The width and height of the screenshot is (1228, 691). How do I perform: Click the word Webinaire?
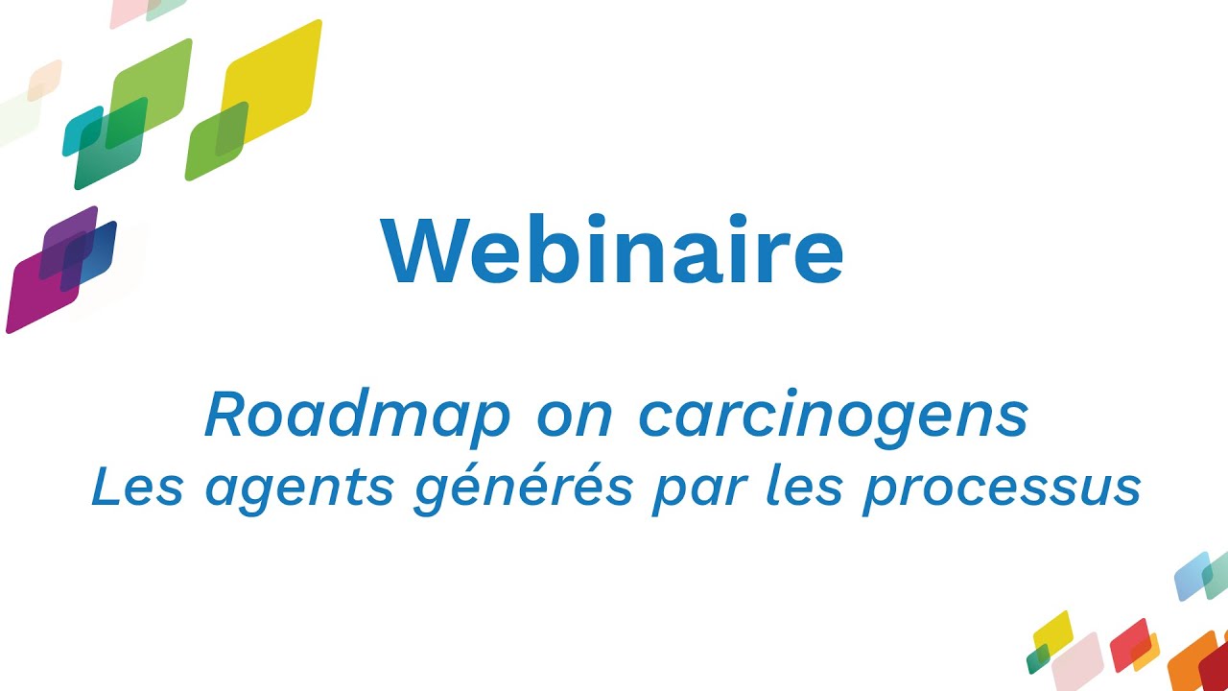[612, 251]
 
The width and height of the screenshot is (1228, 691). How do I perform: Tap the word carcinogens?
[833, 416]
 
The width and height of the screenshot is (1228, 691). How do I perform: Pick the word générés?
[524, 488]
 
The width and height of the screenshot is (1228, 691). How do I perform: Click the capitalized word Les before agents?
[137, 487]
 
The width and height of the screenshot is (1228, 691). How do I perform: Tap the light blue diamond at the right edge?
[1192, 575]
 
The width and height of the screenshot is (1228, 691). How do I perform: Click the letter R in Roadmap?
[227, 416]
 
